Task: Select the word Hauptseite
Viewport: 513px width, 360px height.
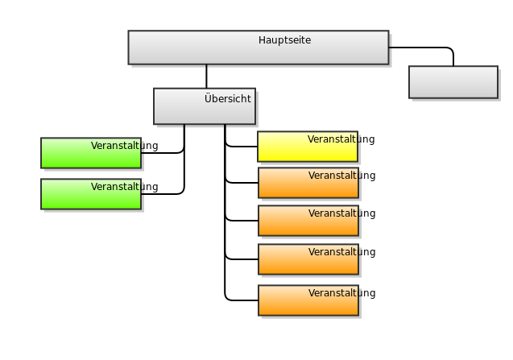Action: coord(284,40)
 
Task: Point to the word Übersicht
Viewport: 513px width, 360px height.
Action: coord(227,99)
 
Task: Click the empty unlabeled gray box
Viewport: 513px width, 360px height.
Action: coord(453,82)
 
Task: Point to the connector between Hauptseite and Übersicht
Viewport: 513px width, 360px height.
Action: coord(206,77)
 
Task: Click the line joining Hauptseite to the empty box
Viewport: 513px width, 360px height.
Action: coord(427,48)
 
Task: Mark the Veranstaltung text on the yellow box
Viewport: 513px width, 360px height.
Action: coord(341,139)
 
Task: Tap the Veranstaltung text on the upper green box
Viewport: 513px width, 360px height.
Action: coord(124,146)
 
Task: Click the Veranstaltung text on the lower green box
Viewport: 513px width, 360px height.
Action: coord(124,187)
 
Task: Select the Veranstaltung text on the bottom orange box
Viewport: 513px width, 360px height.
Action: coord(341,293)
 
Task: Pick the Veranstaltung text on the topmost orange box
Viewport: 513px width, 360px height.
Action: coord(341,176)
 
